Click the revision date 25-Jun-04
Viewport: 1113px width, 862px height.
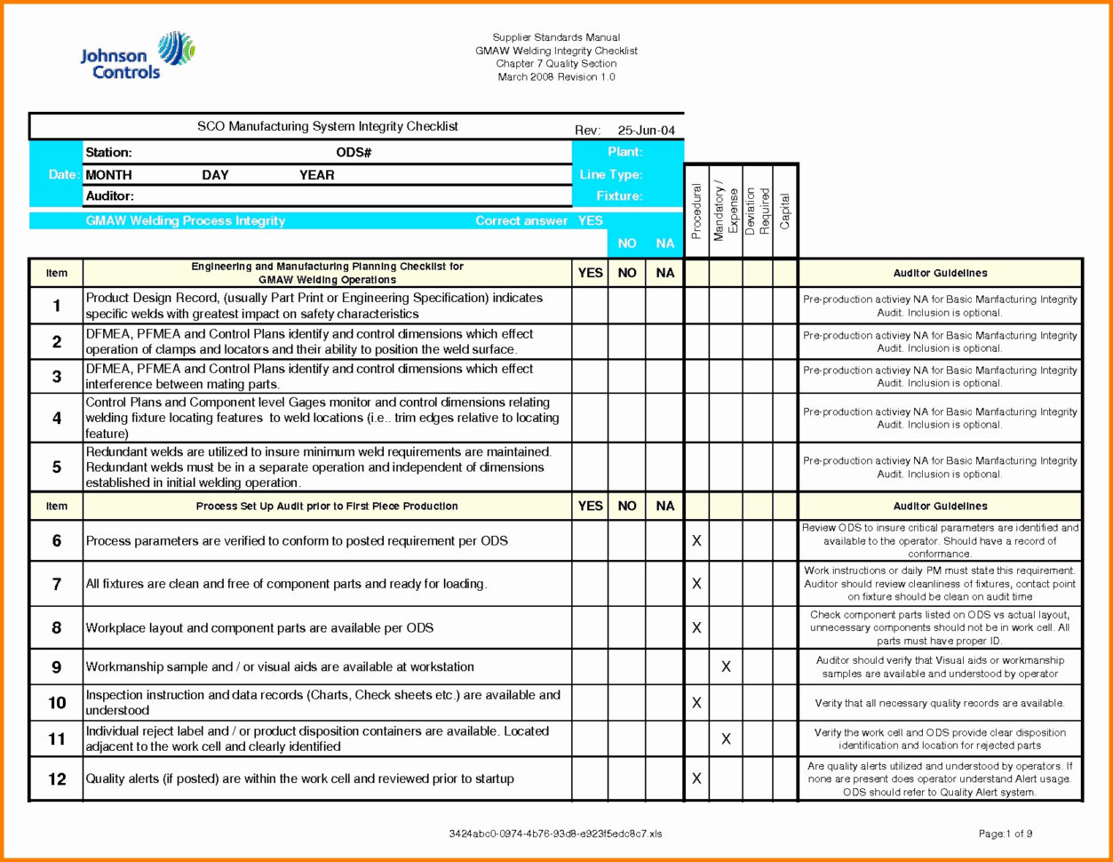tap(646, 131)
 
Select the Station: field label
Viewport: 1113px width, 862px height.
tap(108, 153)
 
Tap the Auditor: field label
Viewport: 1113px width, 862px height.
tap(109, 196)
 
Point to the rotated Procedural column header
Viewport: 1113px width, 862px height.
tap(696, 212)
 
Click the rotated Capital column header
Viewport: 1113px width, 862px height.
tap(785, 212)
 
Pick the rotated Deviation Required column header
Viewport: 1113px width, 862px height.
tap(757, 212)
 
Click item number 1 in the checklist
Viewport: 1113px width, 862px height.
tap(57, 306)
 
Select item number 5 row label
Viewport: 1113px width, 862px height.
tap(57, 467)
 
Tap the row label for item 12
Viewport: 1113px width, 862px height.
tap(57, 779)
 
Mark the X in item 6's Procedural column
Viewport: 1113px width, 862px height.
tap(696, 540)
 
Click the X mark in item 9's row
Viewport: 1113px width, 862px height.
tap(726, 666)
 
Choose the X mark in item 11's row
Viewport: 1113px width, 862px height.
tap(726, 738)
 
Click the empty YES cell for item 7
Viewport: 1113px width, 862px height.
tap(590, 584)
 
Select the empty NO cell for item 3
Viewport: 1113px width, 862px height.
tap(626, 376)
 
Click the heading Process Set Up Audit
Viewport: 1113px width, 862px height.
tap(327, 507)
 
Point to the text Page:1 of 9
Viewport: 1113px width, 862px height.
tap(1005, 834)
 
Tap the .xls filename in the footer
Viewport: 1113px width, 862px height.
tap(555, 834)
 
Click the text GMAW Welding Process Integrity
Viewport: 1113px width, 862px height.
tap(185, 220)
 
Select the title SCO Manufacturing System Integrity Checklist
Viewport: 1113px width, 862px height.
tap(328, 127)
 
